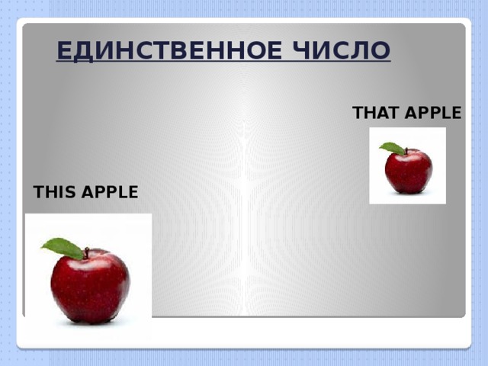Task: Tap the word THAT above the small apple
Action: point(376,114)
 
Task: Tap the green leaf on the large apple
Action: point(63,247)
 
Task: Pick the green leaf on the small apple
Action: point(393,148)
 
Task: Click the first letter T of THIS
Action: point(39,192)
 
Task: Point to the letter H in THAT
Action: point(371,114)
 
